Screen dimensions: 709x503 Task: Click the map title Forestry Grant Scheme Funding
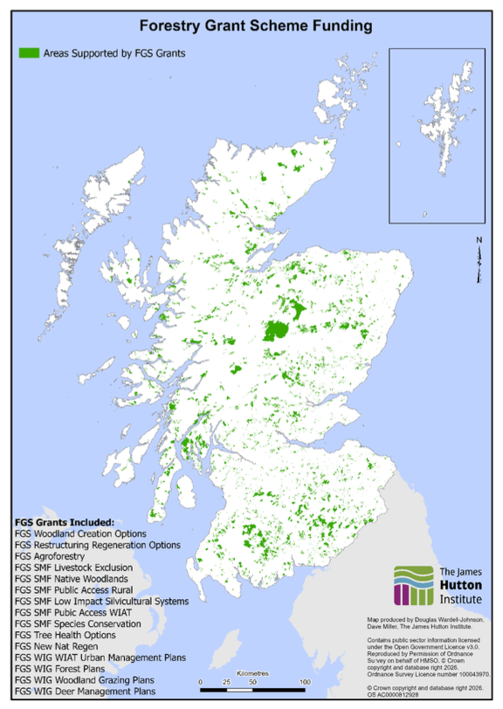tap(251, 26)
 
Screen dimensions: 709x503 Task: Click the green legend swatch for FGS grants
tap(32, 53)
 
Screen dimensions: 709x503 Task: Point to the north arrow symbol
tap(479, 260)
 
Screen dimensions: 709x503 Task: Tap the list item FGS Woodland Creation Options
tap(80, 533)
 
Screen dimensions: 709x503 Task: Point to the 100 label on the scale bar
tap(305, 681)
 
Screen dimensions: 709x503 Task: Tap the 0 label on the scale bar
tap(200, 681)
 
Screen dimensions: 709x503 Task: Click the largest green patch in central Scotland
tap(279, 330)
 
